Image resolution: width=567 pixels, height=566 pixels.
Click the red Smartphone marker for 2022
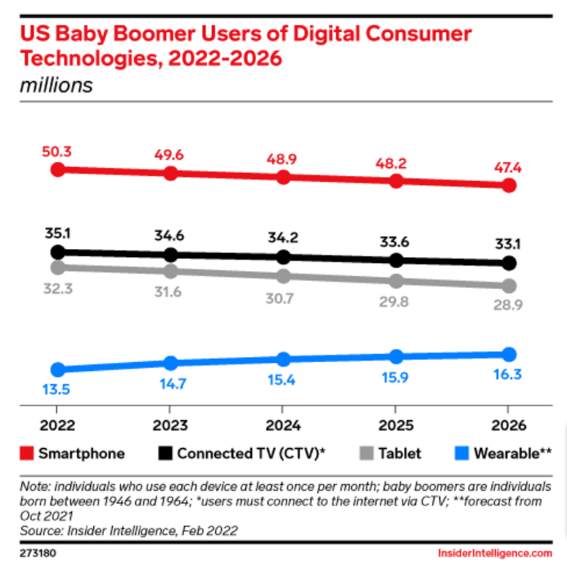click(57, 170)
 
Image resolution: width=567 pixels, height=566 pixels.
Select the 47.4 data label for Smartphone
click(508, 167)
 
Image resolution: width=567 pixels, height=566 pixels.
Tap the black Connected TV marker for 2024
click(283, 257)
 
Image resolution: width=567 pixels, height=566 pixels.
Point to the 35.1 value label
click(57, 233)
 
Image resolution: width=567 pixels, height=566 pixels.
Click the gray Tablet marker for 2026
click(508, 286)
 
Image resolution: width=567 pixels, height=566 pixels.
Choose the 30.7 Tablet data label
click(283, 298)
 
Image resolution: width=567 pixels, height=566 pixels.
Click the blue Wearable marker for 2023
click(170, 363)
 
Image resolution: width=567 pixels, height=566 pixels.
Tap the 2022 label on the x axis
click(57, 426)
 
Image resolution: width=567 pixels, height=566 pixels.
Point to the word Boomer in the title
click(150, 34)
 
